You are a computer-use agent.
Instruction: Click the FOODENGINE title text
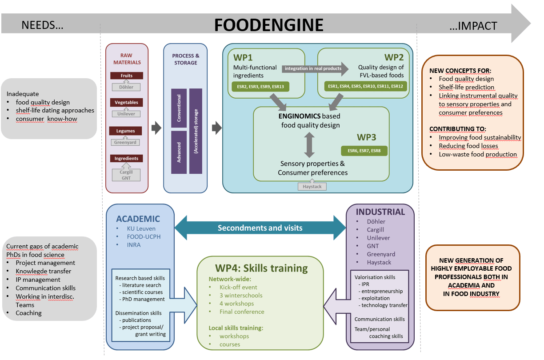pos(268,25)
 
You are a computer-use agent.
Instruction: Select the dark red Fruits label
pos(127,76)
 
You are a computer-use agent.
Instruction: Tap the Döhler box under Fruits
pos(127,87)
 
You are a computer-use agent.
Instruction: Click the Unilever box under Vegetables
pos(127,114)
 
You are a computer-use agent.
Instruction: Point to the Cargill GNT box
pos(127,175)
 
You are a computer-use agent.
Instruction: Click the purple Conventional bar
pos(179,108)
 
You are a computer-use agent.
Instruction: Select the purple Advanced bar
pos(179,152)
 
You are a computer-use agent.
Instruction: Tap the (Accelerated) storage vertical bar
pos(196,131)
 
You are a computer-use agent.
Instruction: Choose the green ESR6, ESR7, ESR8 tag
pos(364,151)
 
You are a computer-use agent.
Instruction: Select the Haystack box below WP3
pos(312,187)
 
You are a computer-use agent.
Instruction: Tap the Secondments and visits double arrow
pos(260,228)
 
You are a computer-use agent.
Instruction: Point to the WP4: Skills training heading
pos(259,268)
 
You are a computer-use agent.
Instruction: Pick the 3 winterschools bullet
pos(240,295)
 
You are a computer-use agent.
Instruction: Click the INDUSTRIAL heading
pos(380,212)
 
